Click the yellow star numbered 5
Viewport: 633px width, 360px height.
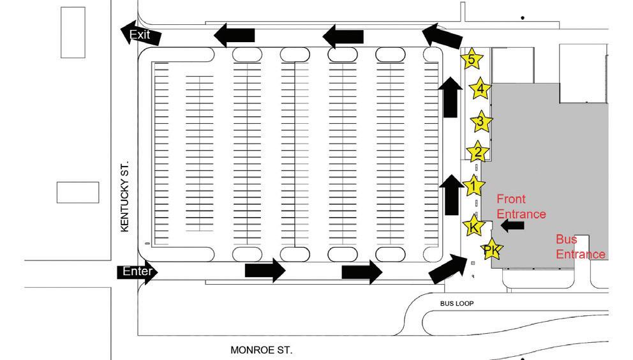[471, 60]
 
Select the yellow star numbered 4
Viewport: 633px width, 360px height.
[480, 89]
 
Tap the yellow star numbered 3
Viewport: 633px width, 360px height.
[481, 121]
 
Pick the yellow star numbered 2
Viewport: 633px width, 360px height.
[477, 153]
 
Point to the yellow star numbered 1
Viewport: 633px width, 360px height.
[473, 186]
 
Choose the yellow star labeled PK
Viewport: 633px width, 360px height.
[491, 251]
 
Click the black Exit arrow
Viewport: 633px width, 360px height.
[140, 35]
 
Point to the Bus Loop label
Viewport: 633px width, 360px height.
[457, 303]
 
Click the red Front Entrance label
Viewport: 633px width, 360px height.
[521, 206]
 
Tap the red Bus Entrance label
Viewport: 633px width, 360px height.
[579, 247]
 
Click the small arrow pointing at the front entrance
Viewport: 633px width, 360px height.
[512, 225]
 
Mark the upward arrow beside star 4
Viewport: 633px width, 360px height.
[451, 96]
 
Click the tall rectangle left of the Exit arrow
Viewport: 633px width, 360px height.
[72, 33]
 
